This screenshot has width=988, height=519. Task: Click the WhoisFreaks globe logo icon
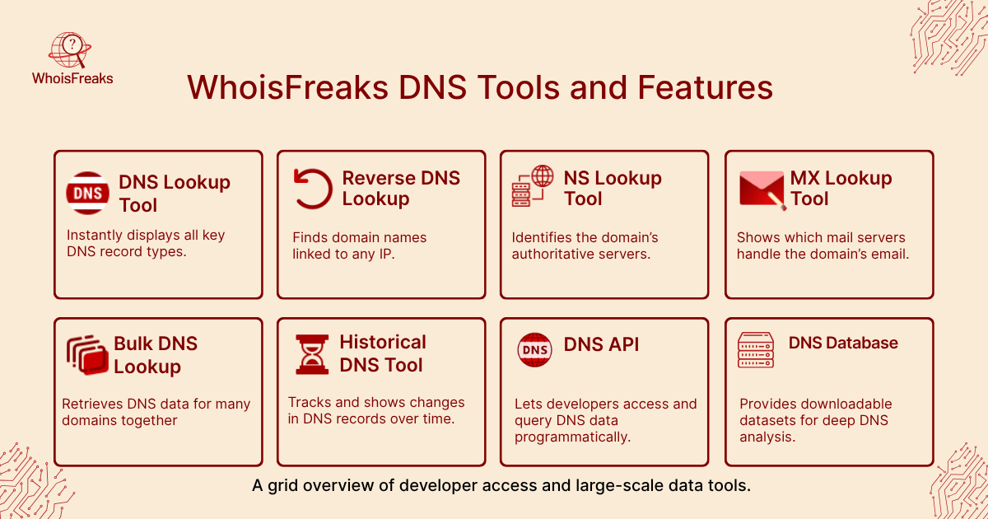pyautogui.click(x=70, y=49)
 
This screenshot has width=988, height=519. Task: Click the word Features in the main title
pyautogui.click(x=705, y=87)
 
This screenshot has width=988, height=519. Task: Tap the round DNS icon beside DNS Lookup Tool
pyautogui.click(x=87, y=193)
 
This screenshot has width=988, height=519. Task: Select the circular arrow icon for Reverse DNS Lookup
pyautogui.click(x=313, y=189)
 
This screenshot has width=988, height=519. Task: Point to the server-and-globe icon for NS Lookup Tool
pyautogui.click(x=533, y=186)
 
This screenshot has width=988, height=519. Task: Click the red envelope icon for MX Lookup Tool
pyautogui.click(x=762, y=190)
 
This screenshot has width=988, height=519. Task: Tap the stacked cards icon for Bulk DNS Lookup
pyautogui.click(x=87, y=355)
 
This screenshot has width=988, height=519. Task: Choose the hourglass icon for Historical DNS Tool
pyautogui.click(x=312, y=354)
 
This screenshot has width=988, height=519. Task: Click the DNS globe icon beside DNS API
pyautogui.click(x=534, y=350)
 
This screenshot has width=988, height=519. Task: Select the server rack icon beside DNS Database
pyautogui.click(x=756, y=350)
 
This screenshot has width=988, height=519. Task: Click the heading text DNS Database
pyautogui.click(x=843, y=343)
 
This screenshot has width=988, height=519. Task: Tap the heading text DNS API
pyautogui.click(x=601, y=344)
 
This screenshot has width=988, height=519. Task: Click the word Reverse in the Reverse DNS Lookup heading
pyautogui.click(x=379, y=178)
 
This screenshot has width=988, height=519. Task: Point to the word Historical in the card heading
pyautogui.click(x=383, y=343)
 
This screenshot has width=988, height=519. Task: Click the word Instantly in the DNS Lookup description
pyautogui.click(x=95, y=236)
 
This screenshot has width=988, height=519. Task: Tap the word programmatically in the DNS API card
pyautogui.click(x=572, y=437)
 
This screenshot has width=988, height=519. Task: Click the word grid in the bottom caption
pyautogui.click(x=282, y=485)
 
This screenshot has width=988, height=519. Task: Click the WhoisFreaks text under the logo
pyautogui.click(x=72, y=78)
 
